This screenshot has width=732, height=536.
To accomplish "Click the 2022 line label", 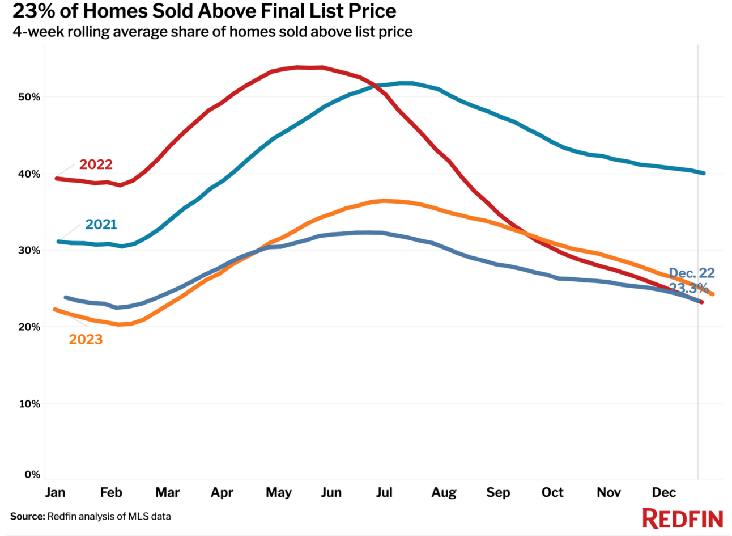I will [96, 164].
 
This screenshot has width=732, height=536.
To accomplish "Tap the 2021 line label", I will [101, 225].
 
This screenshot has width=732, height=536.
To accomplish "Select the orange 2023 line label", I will [86, 339].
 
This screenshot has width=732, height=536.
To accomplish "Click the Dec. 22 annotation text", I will [692, 273].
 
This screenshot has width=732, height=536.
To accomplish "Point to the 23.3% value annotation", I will [689, 288].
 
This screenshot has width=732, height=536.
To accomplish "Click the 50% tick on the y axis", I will [29, 97].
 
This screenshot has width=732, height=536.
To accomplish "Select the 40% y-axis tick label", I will [29, 174].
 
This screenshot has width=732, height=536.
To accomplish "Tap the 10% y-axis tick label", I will [29, 404].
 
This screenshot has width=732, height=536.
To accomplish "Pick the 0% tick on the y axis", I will [32, 475].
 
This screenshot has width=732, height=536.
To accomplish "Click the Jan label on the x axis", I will [55, 492].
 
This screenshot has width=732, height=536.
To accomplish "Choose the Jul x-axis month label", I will [384, 492].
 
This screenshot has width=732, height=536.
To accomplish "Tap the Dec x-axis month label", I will [663, 492].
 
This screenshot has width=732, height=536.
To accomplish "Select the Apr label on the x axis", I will [222, 492].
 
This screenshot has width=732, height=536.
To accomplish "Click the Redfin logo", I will [682, 518].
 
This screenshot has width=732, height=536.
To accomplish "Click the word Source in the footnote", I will [27, 516].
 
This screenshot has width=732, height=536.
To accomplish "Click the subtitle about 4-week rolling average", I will [212, 32].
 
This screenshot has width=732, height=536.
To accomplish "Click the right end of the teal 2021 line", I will [703, 173].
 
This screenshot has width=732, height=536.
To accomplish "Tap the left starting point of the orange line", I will [55, 309].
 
